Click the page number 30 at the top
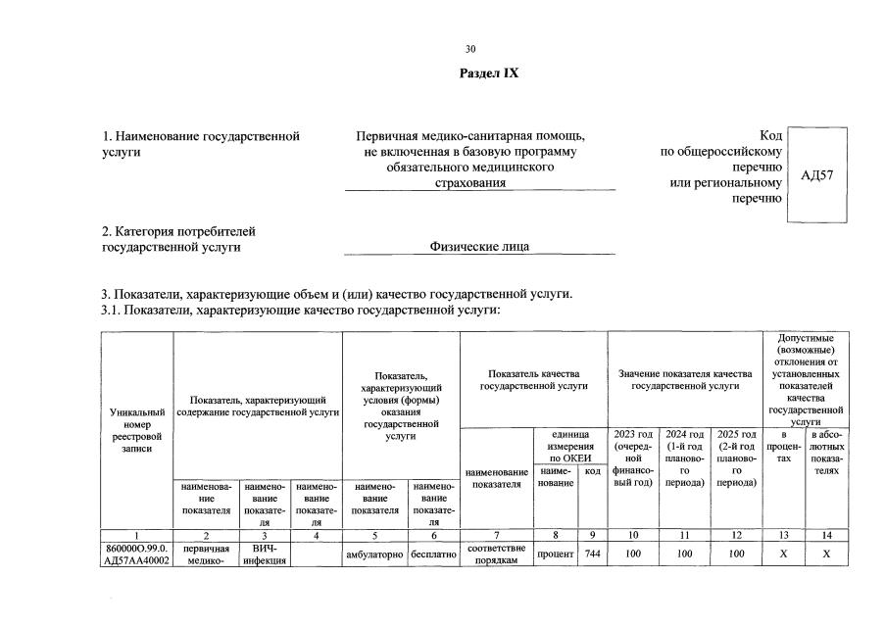point(470,48)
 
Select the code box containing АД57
point(816,175)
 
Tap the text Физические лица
point(479,247)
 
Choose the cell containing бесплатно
point(434,554)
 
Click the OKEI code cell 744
point(592,554)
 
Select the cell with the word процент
point(556,554)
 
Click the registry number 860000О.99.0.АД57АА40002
point(137,554)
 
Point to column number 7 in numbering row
point(496,535)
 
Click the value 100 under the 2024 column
point(684,554)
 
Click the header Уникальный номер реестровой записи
point(137,431)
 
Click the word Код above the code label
point(770,136)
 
